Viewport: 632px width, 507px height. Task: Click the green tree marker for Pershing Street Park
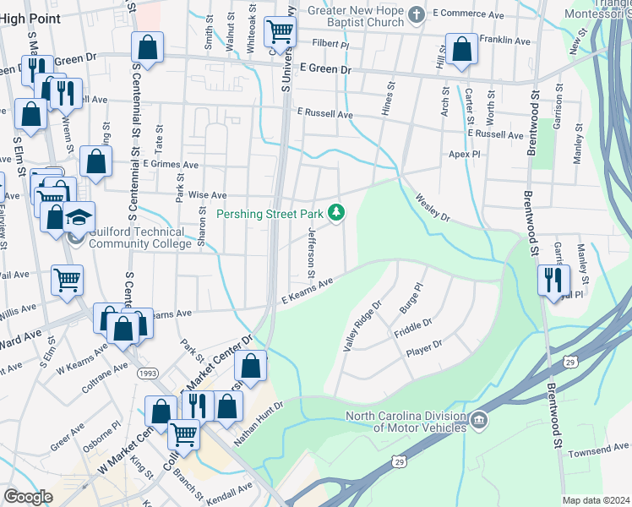(x=337, y=212)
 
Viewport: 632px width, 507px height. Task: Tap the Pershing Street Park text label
(x=270, y=213)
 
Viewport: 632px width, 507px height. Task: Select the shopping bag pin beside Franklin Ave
(x=461, y=50)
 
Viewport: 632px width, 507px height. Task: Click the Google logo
(x=29, y=497)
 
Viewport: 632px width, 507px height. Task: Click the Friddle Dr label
(x=413, y=328)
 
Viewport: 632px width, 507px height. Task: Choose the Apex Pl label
(x=464, y=155)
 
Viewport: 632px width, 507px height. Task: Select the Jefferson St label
(x=312, y=253)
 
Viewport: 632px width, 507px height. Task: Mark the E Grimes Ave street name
(x=171, y=164)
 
